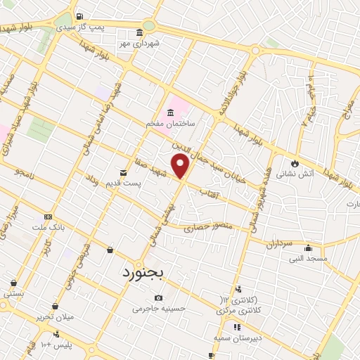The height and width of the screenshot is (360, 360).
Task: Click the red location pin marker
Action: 181,166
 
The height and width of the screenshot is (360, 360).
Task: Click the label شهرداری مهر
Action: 140,43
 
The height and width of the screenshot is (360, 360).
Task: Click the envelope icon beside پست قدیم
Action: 123,172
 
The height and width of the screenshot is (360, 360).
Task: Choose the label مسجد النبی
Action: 307,258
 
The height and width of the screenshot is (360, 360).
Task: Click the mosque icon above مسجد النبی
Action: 307,247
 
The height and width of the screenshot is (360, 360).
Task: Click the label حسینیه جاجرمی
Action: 156,308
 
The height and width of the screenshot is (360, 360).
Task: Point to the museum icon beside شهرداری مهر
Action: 139,33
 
